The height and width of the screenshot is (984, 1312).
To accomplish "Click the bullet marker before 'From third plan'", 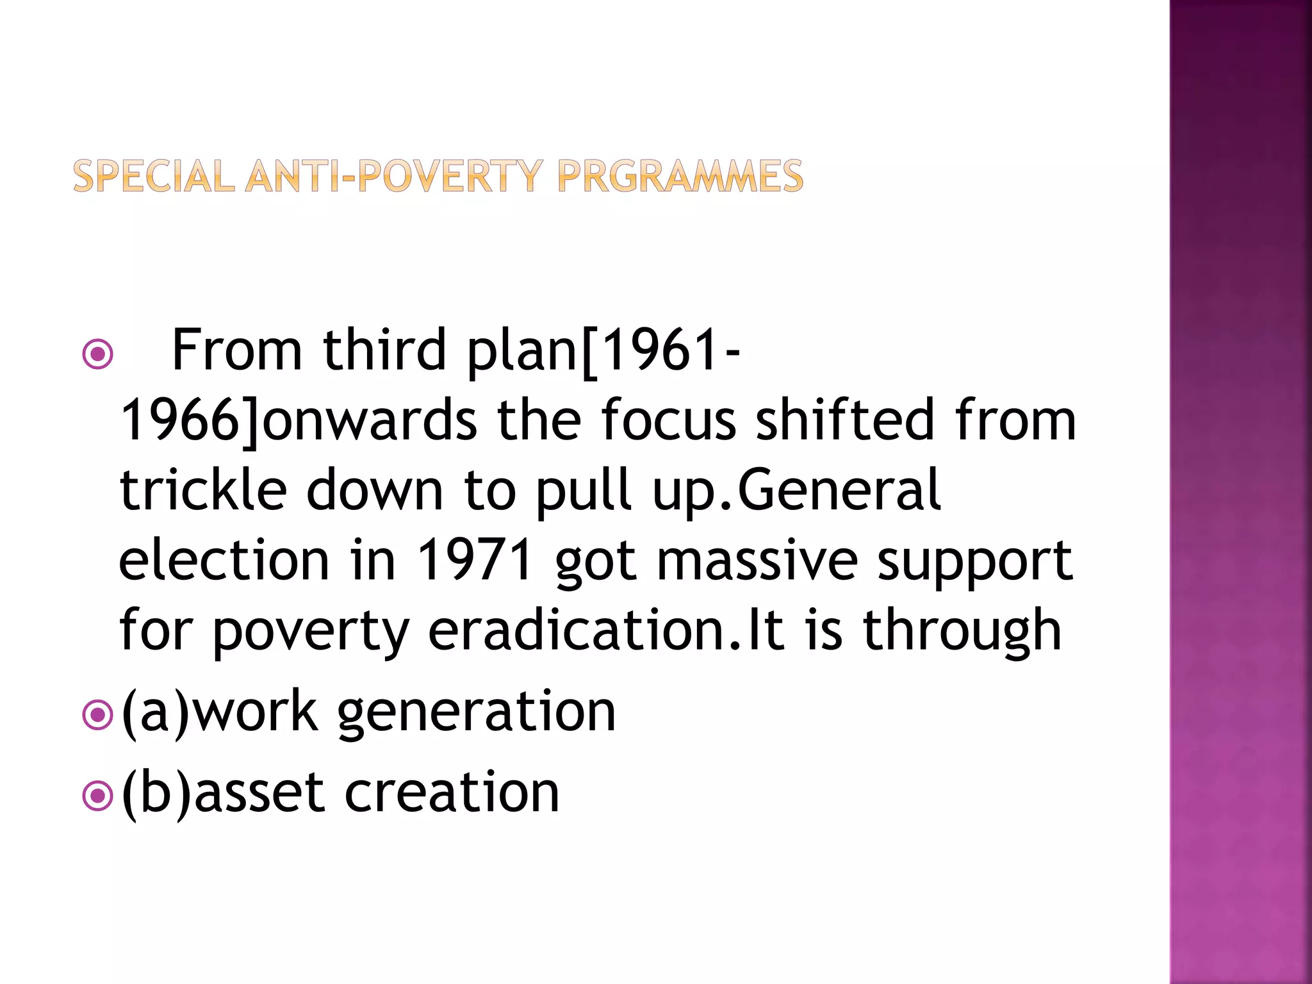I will (x=98, y=354).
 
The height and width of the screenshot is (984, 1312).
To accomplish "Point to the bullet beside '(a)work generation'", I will (x=98, y=715).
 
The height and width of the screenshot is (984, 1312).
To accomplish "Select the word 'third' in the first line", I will (x=384, y=350).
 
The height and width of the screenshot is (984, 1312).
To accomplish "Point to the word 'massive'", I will (x=757, y=560).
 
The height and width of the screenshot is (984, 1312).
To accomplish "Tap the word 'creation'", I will (x=452, y=793).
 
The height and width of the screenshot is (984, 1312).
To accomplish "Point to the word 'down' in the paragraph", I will (x=375, y=490).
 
